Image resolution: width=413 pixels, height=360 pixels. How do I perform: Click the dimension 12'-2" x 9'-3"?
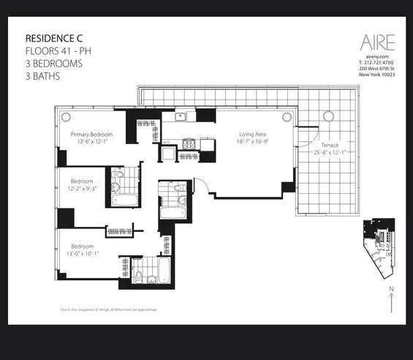tap(82, 189)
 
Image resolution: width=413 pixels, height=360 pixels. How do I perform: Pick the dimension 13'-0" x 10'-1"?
tap(84, 254)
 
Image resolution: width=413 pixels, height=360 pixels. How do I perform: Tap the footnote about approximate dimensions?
tap(110, 310)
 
